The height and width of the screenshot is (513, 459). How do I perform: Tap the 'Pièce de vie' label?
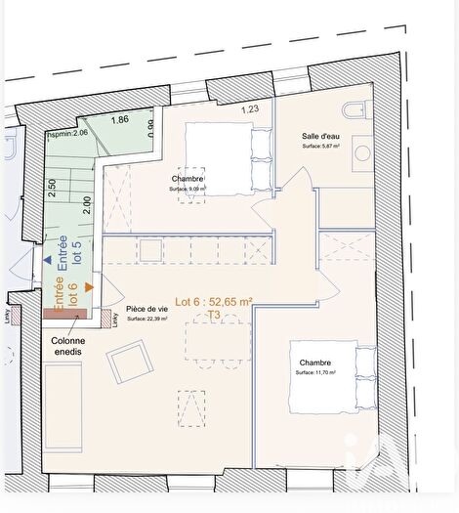click(146, 309)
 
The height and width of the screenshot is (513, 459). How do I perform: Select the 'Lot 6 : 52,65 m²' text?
click(213, 303)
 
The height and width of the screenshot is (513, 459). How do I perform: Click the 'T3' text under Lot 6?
click(212, 316)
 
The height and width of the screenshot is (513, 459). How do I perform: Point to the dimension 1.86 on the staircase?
click(119, 120)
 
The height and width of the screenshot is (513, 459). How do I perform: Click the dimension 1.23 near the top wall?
click(250, 110)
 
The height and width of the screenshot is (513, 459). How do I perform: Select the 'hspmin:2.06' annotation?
click(67, 132)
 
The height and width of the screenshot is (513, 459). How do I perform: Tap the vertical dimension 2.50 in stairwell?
click(52, 189)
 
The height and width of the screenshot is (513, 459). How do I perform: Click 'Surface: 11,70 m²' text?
click(314, 373)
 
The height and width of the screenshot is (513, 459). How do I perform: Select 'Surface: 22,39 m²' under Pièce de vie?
click(146, 320)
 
